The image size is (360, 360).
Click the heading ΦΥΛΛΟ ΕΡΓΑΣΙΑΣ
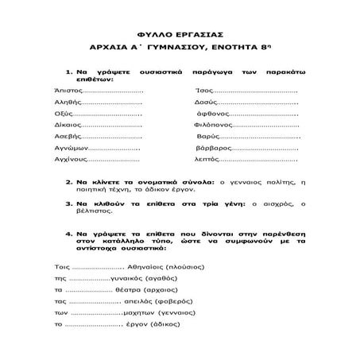(180, 35)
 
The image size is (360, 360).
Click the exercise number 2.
(69, 181)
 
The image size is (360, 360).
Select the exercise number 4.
(69, 235)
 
